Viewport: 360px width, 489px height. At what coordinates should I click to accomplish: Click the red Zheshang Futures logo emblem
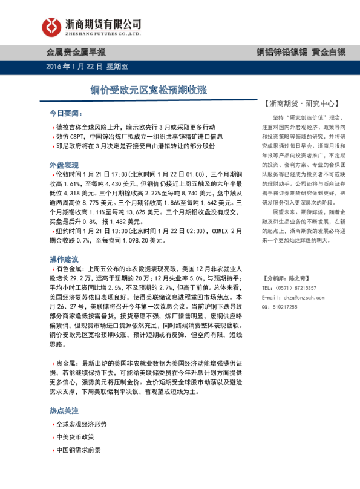click(x=51, y=25)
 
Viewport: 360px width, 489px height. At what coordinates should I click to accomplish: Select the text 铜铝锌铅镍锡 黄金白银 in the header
click(x=300, y=53)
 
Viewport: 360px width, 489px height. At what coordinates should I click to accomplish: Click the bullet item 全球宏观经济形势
click(x=80, y=424)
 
